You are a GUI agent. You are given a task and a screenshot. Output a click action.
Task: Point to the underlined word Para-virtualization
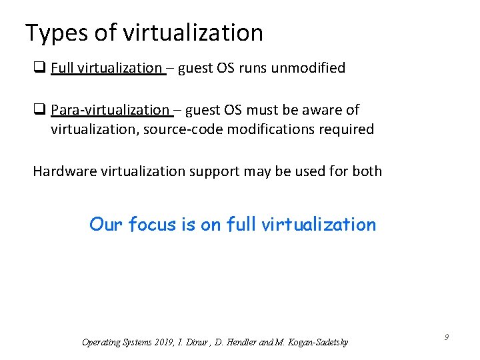pyautogui.click(x=110, y=110)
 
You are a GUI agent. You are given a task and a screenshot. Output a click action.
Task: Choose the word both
pyautogui.click(x=367, y=171)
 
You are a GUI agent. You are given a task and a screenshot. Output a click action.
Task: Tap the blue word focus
pyautogui.click(x=152, y=225)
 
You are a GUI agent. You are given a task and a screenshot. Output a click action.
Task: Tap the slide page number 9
pyautogui.click(x=446, y=337)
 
